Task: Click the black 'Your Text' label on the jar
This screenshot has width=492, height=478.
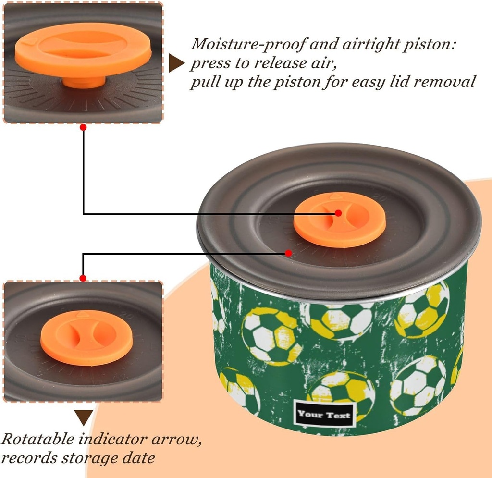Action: click(325, 415)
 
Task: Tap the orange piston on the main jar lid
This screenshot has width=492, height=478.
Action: click(340, 220)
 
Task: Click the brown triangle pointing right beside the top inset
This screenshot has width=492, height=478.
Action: click(176, 63)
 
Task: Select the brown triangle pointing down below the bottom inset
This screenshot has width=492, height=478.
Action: click(84, 418)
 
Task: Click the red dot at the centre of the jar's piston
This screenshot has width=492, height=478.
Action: click(338, 213)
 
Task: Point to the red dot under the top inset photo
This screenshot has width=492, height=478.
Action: click(83, 127)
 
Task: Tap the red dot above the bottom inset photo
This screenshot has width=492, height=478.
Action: click(83, 278)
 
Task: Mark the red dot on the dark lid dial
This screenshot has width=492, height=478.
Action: click(288, 253)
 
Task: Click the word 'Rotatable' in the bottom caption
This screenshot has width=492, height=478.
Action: click(37, 439)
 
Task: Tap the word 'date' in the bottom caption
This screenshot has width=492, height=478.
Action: click(138, 458)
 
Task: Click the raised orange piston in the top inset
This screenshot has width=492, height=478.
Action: click(83, 50)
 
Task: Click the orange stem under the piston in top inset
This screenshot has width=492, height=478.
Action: click(84, 82)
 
